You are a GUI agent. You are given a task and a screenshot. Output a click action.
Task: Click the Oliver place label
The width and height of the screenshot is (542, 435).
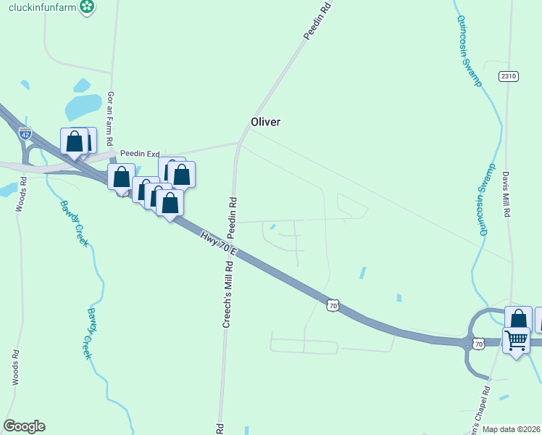[265, 122]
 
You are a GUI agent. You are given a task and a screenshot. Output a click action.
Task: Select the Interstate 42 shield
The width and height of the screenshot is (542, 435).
[25, 133]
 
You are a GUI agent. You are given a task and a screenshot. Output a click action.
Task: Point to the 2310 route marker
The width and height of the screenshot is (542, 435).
[509, 75]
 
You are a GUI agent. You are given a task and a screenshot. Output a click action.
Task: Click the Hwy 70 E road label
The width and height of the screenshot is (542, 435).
[218, 245]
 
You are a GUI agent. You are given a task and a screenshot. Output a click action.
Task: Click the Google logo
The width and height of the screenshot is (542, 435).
[24, 426]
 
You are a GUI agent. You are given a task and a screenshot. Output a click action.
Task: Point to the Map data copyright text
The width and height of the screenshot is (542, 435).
[511, 429]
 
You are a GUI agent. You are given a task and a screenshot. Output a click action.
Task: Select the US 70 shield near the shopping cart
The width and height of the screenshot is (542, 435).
[479, 343]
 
